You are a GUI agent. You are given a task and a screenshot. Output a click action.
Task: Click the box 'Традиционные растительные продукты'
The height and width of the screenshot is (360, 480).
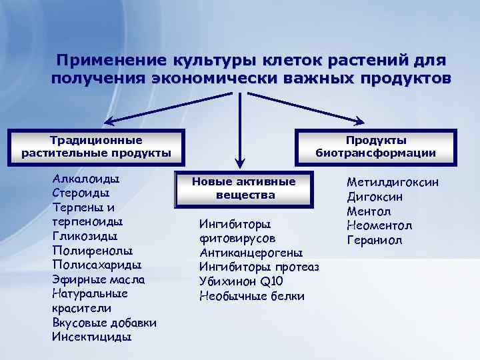click(96, 147)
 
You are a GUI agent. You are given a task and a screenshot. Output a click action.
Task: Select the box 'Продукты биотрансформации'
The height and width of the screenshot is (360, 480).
click(375, 147)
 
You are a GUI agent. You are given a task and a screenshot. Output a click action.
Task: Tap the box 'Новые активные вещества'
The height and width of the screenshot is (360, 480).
click(243, 188)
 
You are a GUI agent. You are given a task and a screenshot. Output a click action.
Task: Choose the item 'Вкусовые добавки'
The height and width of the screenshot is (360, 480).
click(104, 323)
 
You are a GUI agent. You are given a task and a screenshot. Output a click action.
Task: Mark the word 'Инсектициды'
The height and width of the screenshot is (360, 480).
click(91, 337)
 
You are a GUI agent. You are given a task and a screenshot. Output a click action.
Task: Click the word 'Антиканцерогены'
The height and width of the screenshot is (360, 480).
click(251, 253)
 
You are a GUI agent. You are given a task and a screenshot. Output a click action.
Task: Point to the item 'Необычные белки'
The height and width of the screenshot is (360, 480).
click(251, 296)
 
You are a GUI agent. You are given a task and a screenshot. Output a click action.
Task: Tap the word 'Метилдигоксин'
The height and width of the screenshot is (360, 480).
click(393, 182)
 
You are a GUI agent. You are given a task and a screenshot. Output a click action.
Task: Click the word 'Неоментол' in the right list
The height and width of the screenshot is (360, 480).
click(379, 225)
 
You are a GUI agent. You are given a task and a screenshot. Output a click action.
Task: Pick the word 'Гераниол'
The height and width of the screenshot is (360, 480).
click(374, 240)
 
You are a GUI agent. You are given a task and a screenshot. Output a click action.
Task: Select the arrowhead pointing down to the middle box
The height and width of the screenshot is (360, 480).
click(241, 163)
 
